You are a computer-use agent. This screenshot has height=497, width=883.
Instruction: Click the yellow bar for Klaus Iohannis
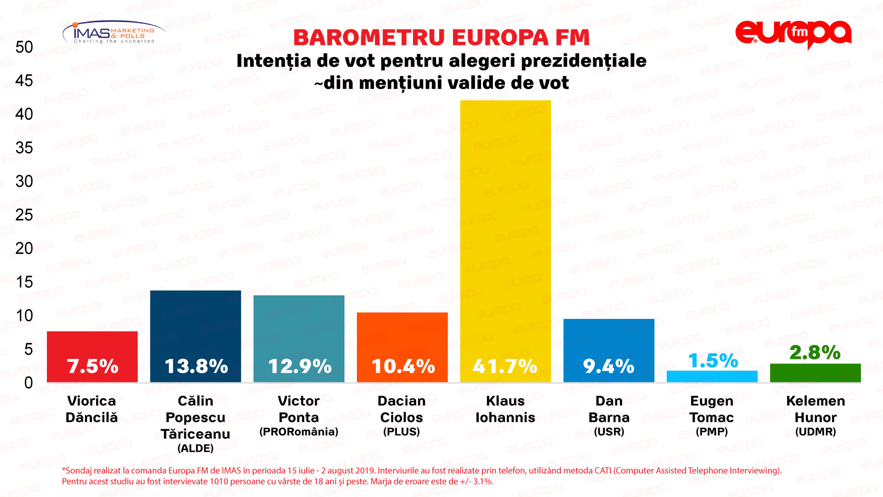(x=505, y=230)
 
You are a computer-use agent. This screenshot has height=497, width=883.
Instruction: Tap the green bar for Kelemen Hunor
(x=815, y=373)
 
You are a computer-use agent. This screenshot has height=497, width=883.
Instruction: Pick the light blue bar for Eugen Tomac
(x=712, y=376)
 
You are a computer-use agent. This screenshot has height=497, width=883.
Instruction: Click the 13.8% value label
(x=196, y=367)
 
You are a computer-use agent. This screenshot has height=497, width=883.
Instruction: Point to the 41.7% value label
(x=505, y=367)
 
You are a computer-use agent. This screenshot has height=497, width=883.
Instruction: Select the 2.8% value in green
(x=815, y=353)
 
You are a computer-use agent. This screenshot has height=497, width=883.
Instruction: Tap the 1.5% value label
(x=713, y=361)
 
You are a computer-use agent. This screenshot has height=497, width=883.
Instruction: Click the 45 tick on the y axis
(x=24, y=81)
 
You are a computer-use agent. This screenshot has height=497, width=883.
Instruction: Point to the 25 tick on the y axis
(x=24, y=215)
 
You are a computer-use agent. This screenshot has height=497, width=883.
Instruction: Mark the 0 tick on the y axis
(x=29, y=383)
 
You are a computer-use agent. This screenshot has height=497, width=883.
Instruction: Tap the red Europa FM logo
(x=793, y=34)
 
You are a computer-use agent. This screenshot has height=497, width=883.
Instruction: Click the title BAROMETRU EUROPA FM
(x=441, y=38)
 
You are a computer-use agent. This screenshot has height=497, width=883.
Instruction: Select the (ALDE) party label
(x=195, y=448)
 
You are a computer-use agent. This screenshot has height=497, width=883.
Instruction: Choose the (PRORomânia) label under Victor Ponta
(x=299, y=432)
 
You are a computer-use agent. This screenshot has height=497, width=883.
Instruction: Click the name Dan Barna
(x=609, y=409)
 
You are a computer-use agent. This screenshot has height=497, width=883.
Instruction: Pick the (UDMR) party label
(x=815, y=432)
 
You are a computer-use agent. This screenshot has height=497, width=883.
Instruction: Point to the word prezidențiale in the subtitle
(x=584, y=61)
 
